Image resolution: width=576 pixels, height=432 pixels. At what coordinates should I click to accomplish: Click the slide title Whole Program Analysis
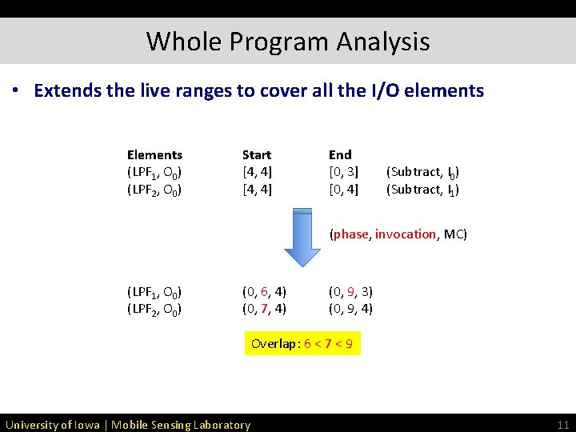pyautogui.click(x=288, y=41)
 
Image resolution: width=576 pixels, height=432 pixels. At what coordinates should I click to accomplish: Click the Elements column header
pyautogui.click(x=154, y=154)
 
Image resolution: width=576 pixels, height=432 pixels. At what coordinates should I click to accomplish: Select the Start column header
pyautogui.click(x=257, y=154)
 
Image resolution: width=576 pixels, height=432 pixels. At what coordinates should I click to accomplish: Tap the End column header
pyautogui.click(x=340, y=154)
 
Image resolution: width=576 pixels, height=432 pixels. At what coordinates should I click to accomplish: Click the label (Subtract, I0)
pyautogui.click(x=422, y=172)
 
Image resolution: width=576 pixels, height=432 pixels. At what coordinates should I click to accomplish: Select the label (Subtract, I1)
pyautogui.click(x=422, y=190)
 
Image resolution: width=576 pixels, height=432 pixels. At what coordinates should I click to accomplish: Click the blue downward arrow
pyautogui.click(x=302, y=236)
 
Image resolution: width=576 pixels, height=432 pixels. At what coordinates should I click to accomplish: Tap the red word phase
pyautogui.click(x=350, y=234)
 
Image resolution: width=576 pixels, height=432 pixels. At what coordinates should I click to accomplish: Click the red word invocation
pyautogui.click(x=406, y=234)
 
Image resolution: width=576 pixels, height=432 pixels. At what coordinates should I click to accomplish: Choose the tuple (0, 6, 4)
pyautogui.click(x=264, y=291)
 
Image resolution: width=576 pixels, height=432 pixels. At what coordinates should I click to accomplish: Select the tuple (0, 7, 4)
pyautogui.click(x=264, y=308)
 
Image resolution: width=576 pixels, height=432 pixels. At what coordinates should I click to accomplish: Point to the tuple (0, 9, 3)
pyautogui.click(x=350, y=291)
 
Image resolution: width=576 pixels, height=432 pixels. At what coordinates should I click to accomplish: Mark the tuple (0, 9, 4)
pyautogui.click(x=350, y=308)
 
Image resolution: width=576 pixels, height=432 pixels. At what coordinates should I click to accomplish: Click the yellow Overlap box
pyautogui.click(x=302, y=344)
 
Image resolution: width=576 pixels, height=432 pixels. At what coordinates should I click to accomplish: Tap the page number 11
pyautogui.click(x=562, y=424)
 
